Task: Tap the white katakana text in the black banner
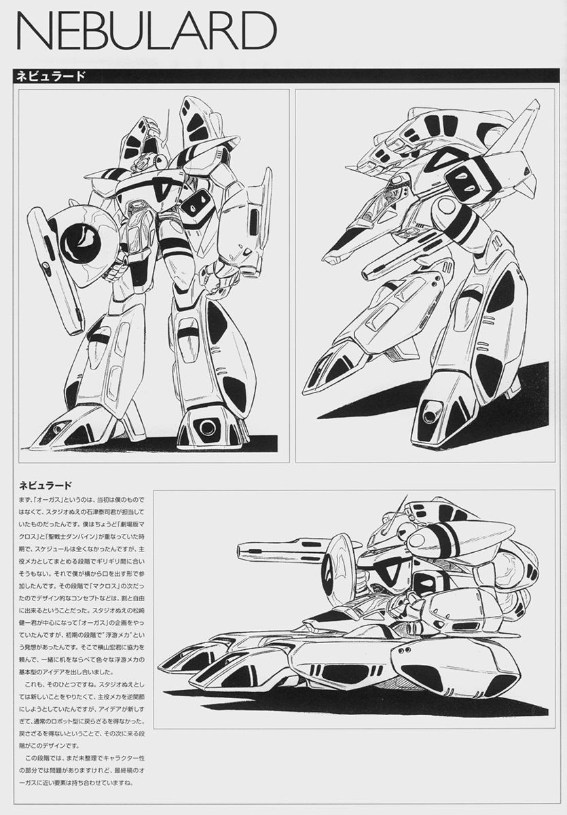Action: (50, 76)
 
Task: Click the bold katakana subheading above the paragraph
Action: (45, 486)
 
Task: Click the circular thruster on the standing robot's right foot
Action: (207, 427)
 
